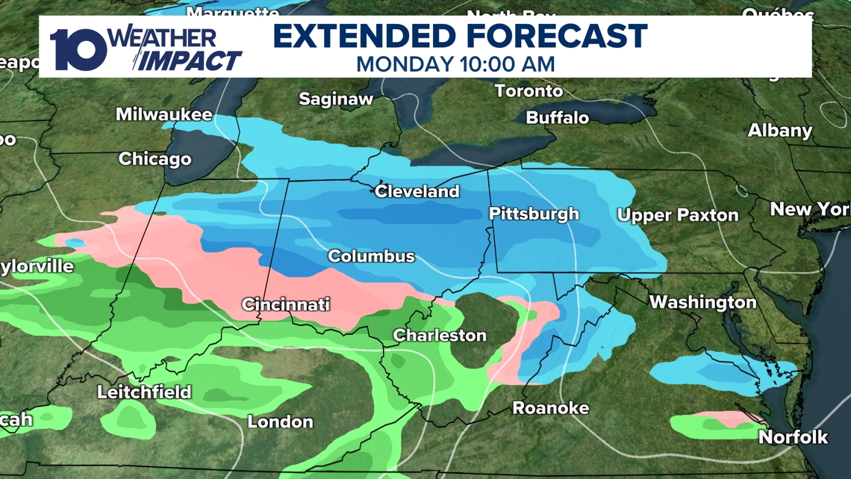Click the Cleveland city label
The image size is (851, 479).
pos(417,191)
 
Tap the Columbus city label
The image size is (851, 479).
pos(371,256)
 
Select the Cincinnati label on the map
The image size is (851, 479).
pos(285,304)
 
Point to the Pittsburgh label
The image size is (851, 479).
pos(533,214)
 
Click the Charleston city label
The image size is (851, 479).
pos(440,336)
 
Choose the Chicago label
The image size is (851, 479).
pos(155,159)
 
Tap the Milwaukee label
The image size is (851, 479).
pos(163,115)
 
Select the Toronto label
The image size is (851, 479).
pos(529,91)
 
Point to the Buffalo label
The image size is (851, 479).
pos(557,118)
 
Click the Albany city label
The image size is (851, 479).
pos(779,131)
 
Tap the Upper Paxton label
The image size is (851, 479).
pos(677,215)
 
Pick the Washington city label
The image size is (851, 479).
pos(702,302)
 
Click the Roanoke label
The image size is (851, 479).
pos(550,408)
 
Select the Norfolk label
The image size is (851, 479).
pos(793,437)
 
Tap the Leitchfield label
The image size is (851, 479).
pos(144,392)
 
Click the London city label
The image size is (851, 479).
pos(280,421)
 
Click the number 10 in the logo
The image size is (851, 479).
pos(78,49)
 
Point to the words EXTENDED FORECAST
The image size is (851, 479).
pos(459,36)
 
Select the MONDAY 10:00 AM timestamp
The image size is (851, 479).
pos(455,64)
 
